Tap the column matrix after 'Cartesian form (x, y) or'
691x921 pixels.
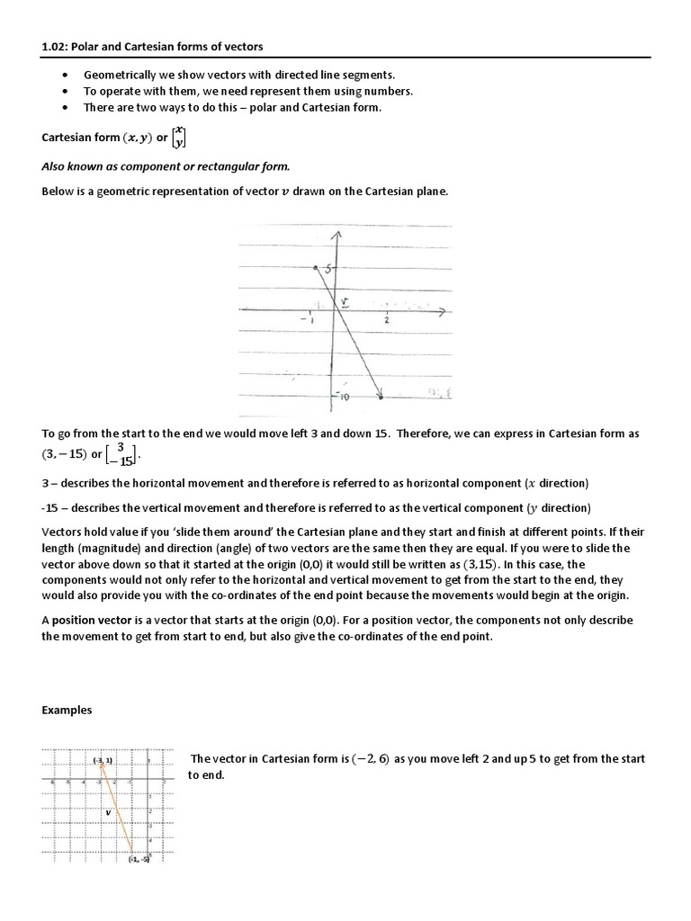pyautogui.click(x=181, y=138)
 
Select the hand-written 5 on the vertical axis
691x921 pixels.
pyautogui.click(x=328, y=268)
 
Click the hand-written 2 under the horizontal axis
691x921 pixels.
pyautogui.click(x=387, y=320)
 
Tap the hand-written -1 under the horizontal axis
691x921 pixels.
pyautogui.click(x=309, y=321)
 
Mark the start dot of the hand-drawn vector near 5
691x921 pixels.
pyautogui.click(x=315, y=267)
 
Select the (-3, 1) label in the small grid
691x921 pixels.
pyautogui.click(x=102, y=762)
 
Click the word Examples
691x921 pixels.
pyautogui.click(x=67, y=711)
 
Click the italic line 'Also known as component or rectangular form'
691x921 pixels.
pyautogui.click(x=166, y=166)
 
